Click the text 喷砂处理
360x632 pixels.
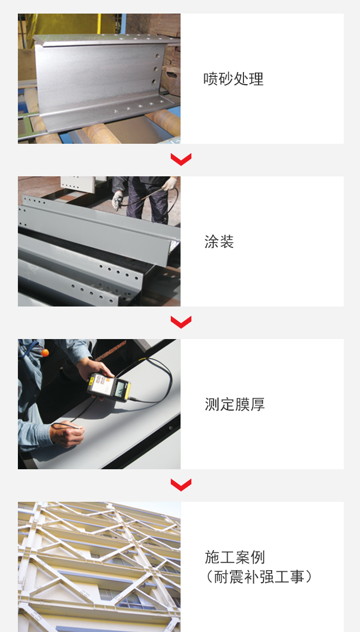(233, 79)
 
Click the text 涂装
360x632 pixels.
(219, 242)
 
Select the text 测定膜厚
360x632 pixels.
(235, 404)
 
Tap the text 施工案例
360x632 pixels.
(235, 557)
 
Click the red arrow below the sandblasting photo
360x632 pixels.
(181, 159)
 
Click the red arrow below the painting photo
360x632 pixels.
(181, 322)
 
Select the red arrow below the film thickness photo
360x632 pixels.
(181, 485)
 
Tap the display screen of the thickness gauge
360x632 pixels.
(120, 388)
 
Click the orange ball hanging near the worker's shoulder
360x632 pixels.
(45, 352)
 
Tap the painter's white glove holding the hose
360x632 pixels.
(170, 184)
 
